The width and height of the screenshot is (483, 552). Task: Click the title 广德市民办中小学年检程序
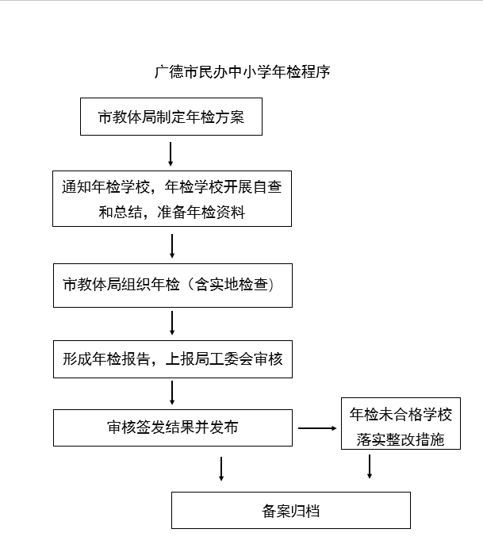coord(242,72)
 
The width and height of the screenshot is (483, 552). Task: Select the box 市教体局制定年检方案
coord(171,117)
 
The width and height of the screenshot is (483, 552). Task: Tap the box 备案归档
coord(291,510)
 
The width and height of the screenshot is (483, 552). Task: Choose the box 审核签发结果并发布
coord(173,427)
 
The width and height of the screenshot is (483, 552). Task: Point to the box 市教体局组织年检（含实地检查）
coord(173,286)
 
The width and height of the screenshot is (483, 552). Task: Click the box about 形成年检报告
coord(173,359)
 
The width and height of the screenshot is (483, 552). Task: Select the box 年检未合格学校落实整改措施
coord(401,424)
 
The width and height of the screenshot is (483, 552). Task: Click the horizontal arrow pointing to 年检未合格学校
coord(317,428)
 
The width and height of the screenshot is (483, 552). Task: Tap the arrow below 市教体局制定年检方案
coord(171,154)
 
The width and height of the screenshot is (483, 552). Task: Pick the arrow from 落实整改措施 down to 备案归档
coord(370,466)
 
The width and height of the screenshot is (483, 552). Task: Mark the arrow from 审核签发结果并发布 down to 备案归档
coord(221,469)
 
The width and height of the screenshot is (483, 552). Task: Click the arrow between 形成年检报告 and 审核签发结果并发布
coord(172,393)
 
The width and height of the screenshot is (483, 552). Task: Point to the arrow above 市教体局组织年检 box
coord(172,246)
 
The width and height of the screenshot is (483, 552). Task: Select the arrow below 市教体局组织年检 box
coord(172,323)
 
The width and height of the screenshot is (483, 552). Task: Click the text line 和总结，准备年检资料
coord(172,213)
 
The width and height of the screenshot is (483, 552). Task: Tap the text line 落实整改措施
coord(401,439)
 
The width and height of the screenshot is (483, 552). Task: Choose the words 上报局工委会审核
coord(224,359)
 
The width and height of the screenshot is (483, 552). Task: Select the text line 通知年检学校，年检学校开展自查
coord(172,186)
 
